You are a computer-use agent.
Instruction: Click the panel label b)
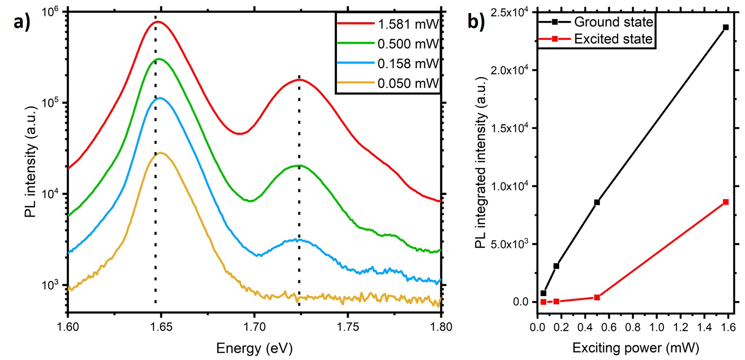pyautogui.click(x=476, y=21)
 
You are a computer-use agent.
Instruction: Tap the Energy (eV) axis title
pyautogui.click(x=254, y=348)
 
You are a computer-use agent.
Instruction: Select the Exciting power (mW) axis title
pyautogui.click(x=636, y=347)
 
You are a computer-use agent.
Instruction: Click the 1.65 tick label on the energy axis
pyautogui.click(x=161, y=327)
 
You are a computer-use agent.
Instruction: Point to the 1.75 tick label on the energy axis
pyautogui.click(x=348, y=327)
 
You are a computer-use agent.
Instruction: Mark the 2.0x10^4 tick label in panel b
pyautogui.click(x=509, y=69)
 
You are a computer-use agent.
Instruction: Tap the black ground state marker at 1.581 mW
pyautogui.click(x=725, y=27)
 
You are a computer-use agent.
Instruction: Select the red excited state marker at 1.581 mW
pyautogui.click(x=725, y=202)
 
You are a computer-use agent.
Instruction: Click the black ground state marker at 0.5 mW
pyautogui.click(x=597, y=202)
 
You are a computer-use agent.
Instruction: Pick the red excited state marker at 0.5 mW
pyautogui.click(x=597, y=297)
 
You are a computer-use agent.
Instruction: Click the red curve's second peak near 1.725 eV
pyautogui.click(x=299, y=79)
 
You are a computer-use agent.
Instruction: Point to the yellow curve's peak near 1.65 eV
pyautogui.click(x=161, y=153)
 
